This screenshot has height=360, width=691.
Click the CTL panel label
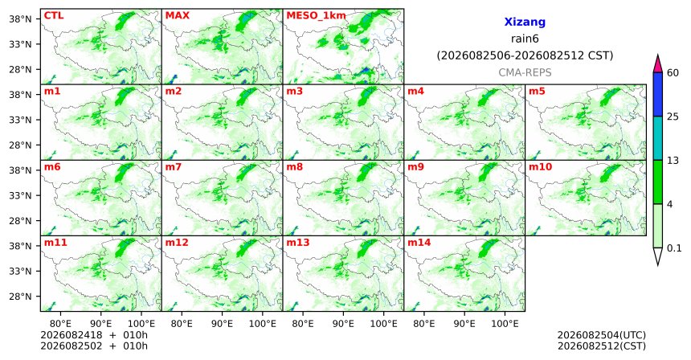[54, 16]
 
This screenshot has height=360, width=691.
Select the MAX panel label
[177, 16]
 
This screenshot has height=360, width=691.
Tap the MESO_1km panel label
[316, 16]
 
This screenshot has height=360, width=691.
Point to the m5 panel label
[537, 92]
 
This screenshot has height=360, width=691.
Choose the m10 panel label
[540, 167]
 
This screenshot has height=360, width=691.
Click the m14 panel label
[419, 243]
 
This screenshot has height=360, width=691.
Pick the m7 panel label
[174, 167]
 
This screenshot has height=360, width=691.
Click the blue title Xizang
[525, 22]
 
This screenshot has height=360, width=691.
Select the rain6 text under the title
[525, 39]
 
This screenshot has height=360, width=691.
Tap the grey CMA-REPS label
[525, 72]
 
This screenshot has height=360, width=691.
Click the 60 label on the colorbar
[673, 73]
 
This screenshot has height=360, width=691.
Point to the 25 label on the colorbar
[673, 117]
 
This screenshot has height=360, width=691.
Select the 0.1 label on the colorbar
[674, 248]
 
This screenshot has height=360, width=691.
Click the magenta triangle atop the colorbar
[658, 64]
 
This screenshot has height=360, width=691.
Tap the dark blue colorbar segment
[658, 94]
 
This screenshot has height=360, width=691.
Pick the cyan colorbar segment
[658, 138]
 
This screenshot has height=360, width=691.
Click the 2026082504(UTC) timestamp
[602, 336]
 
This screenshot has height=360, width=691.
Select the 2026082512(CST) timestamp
[602, 346]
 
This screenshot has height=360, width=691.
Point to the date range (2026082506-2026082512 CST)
[525, 56]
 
